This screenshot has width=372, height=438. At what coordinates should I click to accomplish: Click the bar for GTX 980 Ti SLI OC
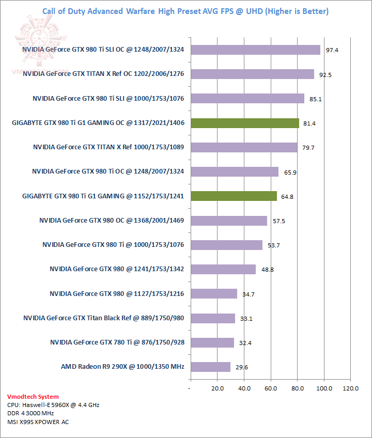pos(255,50)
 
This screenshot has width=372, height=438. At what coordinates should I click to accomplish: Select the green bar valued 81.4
pos(244,123)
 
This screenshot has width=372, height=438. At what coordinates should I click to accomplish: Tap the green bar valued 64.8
pos(234,196)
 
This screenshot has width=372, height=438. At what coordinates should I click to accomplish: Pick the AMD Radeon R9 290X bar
pos(210,367)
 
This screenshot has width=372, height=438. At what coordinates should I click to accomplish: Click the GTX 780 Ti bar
pos(212,342)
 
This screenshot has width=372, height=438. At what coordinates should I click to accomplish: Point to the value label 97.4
pos(331,50)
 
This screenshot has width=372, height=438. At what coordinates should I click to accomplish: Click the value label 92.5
pos(325,74)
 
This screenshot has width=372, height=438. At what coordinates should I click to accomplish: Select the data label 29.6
pos(241,367)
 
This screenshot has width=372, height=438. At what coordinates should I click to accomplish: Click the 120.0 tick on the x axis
pos(350,388)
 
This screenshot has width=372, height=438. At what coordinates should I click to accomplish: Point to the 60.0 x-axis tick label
pos(271,388)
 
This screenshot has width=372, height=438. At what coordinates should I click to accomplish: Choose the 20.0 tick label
pos(217,388)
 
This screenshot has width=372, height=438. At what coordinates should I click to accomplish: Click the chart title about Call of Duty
pos(184,11)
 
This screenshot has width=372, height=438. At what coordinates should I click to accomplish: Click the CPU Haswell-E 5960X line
pos(53,405)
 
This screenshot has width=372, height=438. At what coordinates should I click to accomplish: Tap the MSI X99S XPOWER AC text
pos(38,422)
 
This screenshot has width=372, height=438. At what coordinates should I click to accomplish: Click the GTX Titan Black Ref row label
pos(104,318)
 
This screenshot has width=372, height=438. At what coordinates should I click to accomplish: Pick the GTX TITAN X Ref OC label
pos(104,74)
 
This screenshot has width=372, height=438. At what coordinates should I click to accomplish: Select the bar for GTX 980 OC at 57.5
pos(229,221)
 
